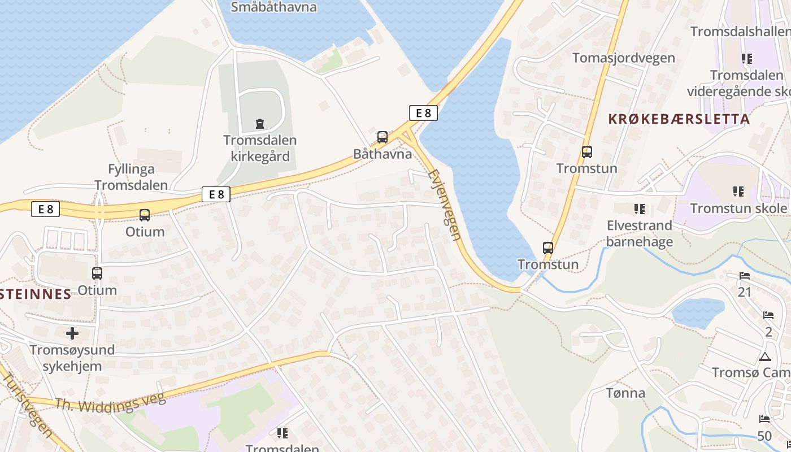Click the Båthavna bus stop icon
click(x=383, y=137)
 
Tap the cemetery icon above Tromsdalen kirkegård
click(x=260, y=123)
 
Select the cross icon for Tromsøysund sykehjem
click(x=72, y=333)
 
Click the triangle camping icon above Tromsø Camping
click(x=765, y=357)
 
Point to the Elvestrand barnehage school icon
click(x=640, y=209)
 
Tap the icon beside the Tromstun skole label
click(x=738, y=192)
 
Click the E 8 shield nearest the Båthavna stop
click(x=423, y=113)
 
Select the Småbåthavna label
click(x=274, y=7)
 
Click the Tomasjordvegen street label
click(x=623, y=58)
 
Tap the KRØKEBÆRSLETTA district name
click(x=679, y=119)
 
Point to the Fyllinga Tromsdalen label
click(x=131, y=177)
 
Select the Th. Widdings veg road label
click(x=111, y=402)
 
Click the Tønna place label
click(x=625, y=393)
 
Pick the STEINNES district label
click(x=36, y=294)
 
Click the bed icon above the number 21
click(x=745, y=276)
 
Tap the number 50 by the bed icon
click(x=764, y=436)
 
